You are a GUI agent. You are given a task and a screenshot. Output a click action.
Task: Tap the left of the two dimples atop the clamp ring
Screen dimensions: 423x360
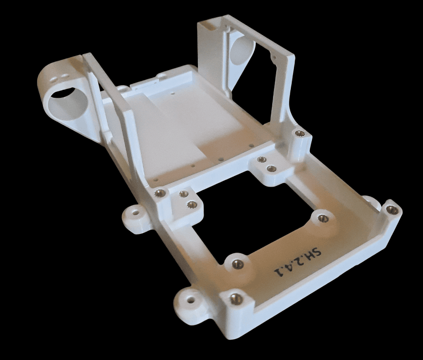(x=54, y=79)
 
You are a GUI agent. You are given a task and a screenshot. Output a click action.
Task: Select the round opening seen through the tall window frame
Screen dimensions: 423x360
(x=241, y=50)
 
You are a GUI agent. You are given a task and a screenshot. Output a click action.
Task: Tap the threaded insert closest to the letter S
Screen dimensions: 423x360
(x=323, y=218)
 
